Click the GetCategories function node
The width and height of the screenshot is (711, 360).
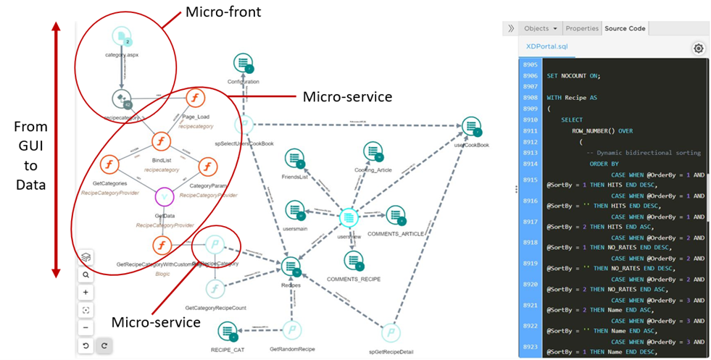[109, 166]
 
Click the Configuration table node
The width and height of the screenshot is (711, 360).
[243, 64]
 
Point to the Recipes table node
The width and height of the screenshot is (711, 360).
[291, 267]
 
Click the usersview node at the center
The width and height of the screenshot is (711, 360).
[349, 217]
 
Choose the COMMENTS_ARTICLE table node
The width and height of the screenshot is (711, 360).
[395, 216]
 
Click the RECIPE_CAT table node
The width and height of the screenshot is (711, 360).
[228, 332]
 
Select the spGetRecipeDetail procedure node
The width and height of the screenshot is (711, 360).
[391, 332]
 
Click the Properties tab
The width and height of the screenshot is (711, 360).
[582, 28]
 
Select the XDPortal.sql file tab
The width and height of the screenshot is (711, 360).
[547, 46]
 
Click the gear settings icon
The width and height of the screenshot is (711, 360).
[698, 48]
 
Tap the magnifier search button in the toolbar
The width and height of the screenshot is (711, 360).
[86, 275]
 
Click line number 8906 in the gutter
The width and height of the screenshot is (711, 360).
[530, 75]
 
